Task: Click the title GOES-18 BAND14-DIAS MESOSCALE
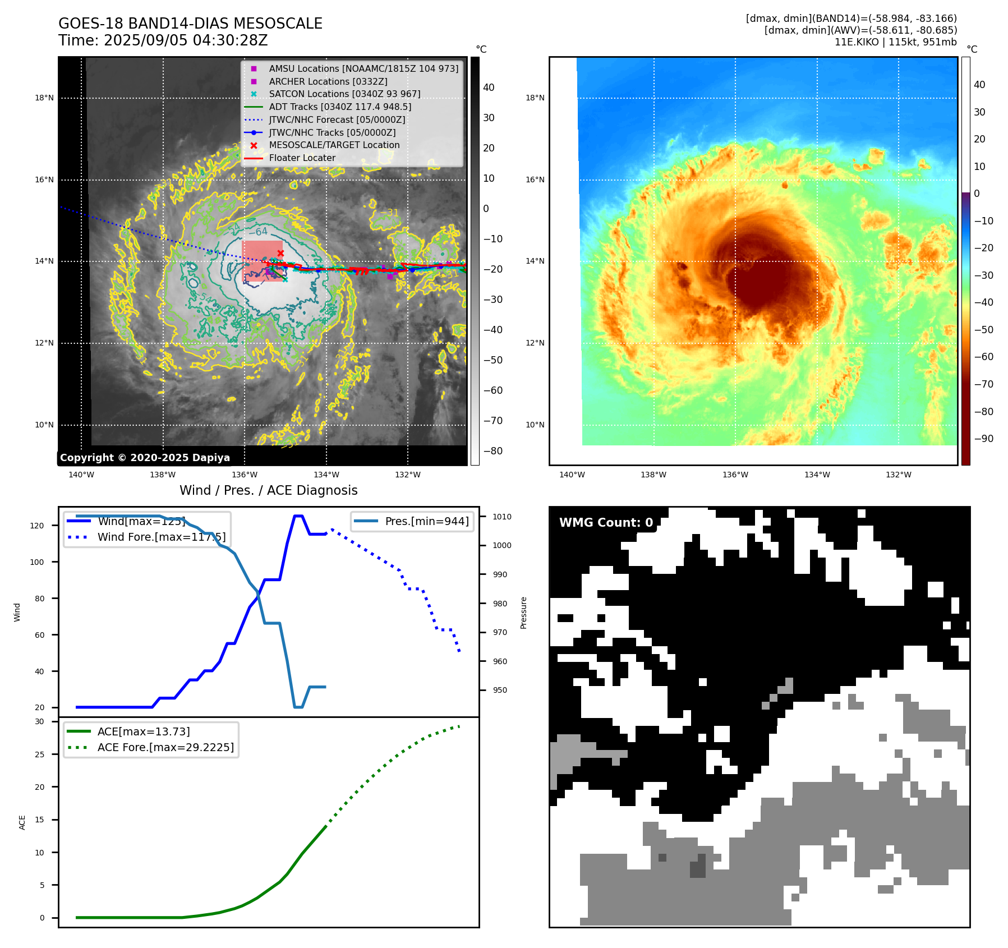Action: coord(190,24)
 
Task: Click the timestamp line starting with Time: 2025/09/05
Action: coord(163,40)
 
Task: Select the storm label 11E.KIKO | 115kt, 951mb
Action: coord(895,42)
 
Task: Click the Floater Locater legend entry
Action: coord(302,158)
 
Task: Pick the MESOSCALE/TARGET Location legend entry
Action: coord(334,145)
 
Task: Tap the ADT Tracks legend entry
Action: coord(339,107)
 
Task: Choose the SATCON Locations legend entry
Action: coord(344,94)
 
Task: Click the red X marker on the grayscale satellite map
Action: coord(280,254)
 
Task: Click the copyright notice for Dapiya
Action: coord(145,458)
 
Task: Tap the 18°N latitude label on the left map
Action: coord(44,98)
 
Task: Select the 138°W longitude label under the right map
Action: coord(653,475)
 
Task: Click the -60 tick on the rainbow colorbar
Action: coord(983,357)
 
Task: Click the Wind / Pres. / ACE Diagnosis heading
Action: coord(268,490)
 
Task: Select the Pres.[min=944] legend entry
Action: coord(426,521)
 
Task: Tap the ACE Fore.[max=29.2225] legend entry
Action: coord(165,747)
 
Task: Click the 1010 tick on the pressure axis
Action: coord(502,517)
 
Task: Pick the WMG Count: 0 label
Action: coord(606,523)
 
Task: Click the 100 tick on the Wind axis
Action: coord(37,562)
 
